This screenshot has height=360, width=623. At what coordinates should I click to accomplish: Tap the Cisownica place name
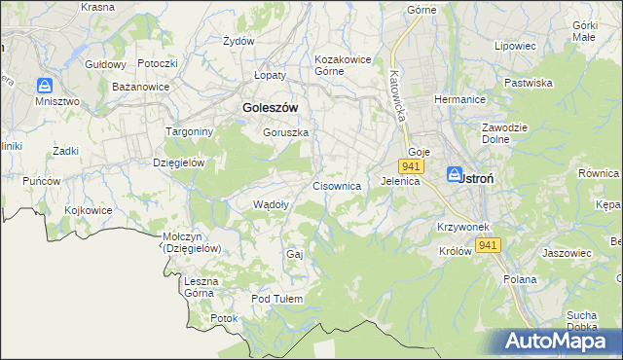point(338,185)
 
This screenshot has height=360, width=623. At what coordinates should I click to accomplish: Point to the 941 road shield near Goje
point(409,167)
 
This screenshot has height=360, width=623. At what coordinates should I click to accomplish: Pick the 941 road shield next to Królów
point(489,246)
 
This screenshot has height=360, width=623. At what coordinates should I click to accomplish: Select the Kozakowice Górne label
point(343,65)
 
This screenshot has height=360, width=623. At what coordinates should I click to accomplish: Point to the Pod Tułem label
point(277,299)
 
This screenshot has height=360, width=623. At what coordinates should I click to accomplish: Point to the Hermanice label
point(459,101)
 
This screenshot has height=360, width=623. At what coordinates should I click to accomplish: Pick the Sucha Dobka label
point(581,321)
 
